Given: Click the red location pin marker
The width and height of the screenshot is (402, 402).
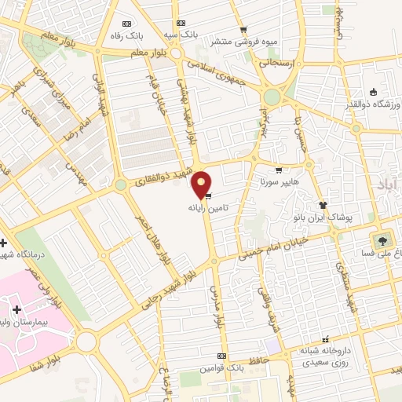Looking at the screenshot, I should tap(202, 185).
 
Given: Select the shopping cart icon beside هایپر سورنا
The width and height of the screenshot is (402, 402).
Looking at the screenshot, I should tap(279, 170).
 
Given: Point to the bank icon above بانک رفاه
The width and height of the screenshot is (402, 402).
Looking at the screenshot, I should tap(128, 24).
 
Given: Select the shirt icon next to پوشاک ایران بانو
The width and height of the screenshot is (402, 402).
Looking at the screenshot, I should tap(323, 204).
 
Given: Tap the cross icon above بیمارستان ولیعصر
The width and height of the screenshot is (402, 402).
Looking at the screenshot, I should tap(16, 309).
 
